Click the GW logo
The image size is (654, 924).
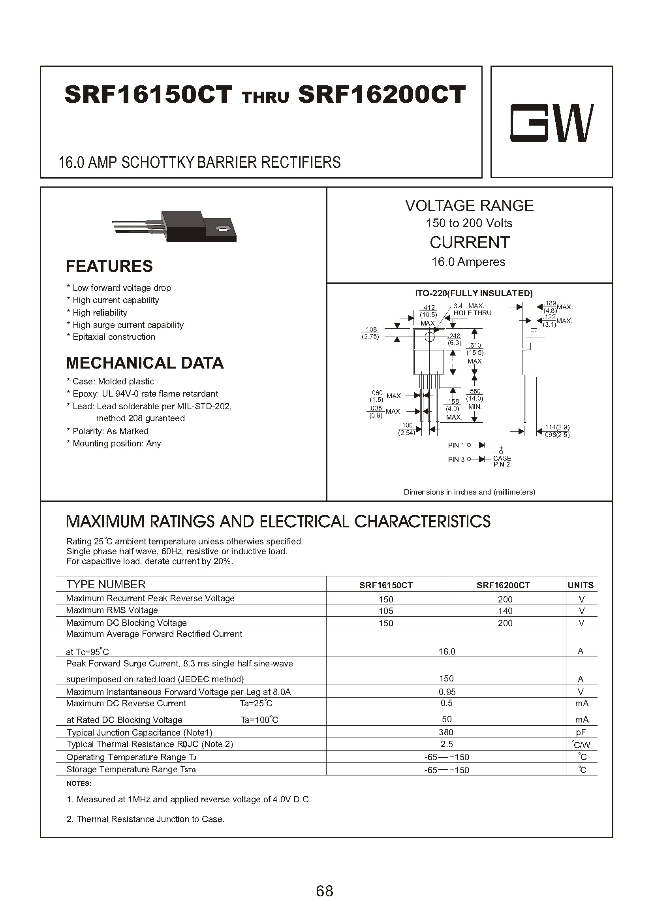552,123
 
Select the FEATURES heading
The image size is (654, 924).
109,266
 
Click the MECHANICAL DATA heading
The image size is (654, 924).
145,363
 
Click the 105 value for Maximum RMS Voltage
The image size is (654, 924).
386,611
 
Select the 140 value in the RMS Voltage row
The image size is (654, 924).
505,611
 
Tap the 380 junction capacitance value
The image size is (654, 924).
446,732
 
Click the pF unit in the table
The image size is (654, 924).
581,732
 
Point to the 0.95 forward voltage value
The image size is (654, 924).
447,692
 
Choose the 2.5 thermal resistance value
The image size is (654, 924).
447,744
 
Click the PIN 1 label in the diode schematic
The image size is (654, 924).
456,445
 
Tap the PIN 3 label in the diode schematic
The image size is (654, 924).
456,459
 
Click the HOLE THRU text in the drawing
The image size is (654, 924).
472,313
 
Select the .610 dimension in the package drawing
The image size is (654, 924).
475,346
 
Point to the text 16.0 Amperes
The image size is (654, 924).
468,262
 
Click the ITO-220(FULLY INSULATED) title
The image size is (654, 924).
474,293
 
